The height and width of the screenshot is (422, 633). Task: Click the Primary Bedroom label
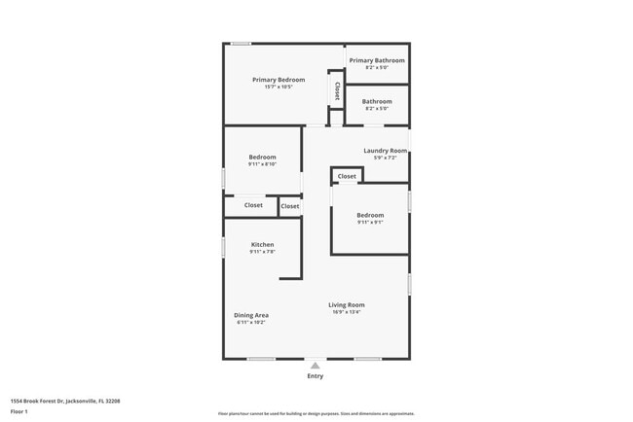(x=279, y=80)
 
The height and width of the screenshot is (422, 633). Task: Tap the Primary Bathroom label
(x=377, y=60)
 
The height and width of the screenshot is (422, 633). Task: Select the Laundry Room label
(x=385, y=151)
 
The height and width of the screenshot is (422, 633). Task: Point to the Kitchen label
(x=262, y=245)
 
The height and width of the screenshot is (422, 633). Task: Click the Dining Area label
(x=251, y=315)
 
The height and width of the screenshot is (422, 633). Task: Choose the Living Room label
(x=347, y=305)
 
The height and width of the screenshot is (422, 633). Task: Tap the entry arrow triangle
(x=315, y=366)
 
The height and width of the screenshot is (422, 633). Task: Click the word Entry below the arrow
(x=315, y=376)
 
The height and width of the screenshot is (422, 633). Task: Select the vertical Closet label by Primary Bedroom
(x=337, y=91)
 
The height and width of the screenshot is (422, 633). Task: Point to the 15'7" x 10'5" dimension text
(x=279, y=88)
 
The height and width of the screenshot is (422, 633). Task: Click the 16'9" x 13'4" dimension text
(x=347, y=313)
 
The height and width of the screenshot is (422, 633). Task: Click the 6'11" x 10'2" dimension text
(x=251, y=323)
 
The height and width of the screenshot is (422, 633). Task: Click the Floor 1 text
(x=19, y=411)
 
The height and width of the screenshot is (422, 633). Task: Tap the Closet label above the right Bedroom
(x=347, y=176)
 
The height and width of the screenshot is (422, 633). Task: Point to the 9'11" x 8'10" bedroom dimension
(x=262, y=164)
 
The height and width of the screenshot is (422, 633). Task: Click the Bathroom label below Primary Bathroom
(x=377, y=101)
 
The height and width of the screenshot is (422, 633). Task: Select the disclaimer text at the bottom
(x=316, y=414)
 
